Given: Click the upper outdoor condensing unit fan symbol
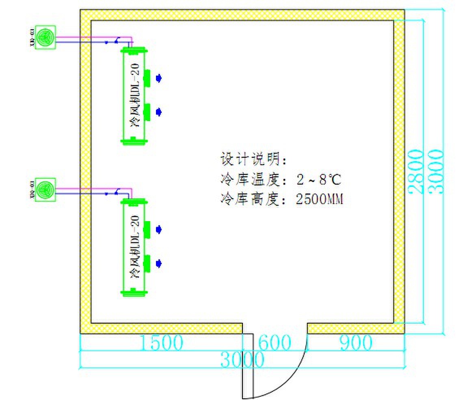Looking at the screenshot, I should (x=45, y=38).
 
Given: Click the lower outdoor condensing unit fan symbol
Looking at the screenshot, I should (x=45, y=189).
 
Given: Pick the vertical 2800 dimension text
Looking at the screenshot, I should (x=415, y=172).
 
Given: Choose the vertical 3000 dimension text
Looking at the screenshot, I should (x=435, y=172).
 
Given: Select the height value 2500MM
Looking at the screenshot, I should (x=320, y=199).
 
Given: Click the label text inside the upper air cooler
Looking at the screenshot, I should (x=135, y=96).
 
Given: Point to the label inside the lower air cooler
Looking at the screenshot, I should (x=135, y=247).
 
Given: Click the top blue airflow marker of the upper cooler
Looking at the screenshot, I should (x=160, y=78).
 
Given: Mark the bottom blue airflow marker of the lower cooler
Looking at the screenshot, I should (x=160, y=263).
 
